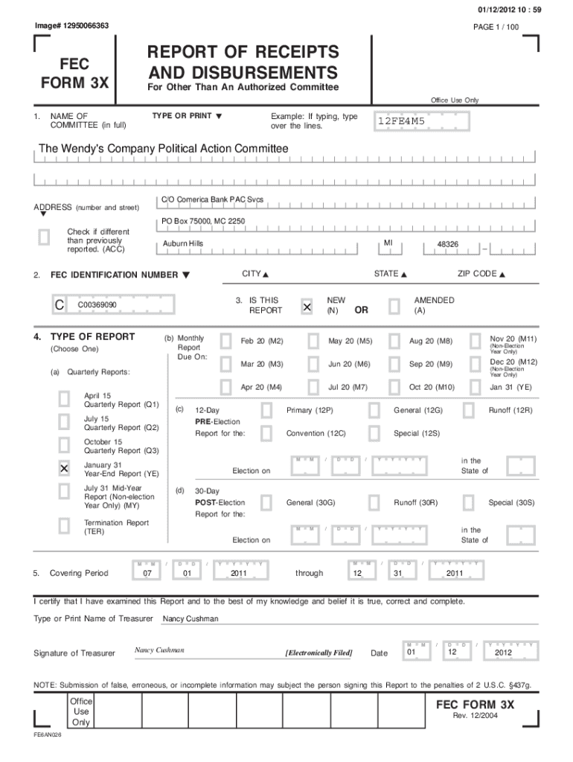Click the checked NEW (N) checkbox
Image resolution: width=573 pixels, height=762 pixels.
click(307, 307)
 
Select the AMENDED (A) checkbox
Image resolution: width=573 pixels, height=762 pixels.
click(394, 307)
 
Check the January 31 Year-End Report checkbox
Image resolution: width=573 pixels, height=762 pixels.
click(65, 468)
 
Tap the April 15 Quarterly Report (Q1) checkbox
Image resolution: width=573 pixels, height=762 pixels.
click(65, 399)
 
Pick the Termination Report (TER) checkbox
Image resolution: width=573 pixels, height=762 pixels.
click(65, 526)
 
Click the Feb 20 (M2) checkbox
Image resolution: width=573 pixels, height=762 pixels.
click(223, 341)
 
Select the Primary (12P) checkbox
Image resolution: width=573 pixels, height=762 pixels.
click(266, 410)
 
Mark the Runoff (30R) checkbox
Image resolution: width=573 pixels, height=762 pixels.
click(374, 502)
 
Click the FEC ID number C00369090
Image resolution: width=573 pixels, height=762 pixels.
click(97, 305)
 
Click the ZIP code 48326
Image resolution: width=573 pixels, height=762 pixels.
click(447, 244)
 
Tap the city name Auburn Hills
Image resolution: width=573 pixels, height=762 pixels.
click(183, 244)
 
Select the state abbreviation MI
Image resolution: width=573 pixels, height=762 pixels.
click(388, 243)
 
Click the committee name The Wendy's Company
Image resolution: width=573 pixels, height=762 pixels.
click(163, 149)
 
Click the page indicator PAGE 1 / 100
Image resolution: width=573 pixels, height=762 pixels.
click(496, 27)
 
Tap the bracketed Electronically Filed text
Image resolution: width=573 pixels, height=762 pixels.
click(319, 653)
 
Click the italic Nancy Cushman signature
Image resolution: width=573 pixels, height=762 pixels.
click(159, 650)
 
